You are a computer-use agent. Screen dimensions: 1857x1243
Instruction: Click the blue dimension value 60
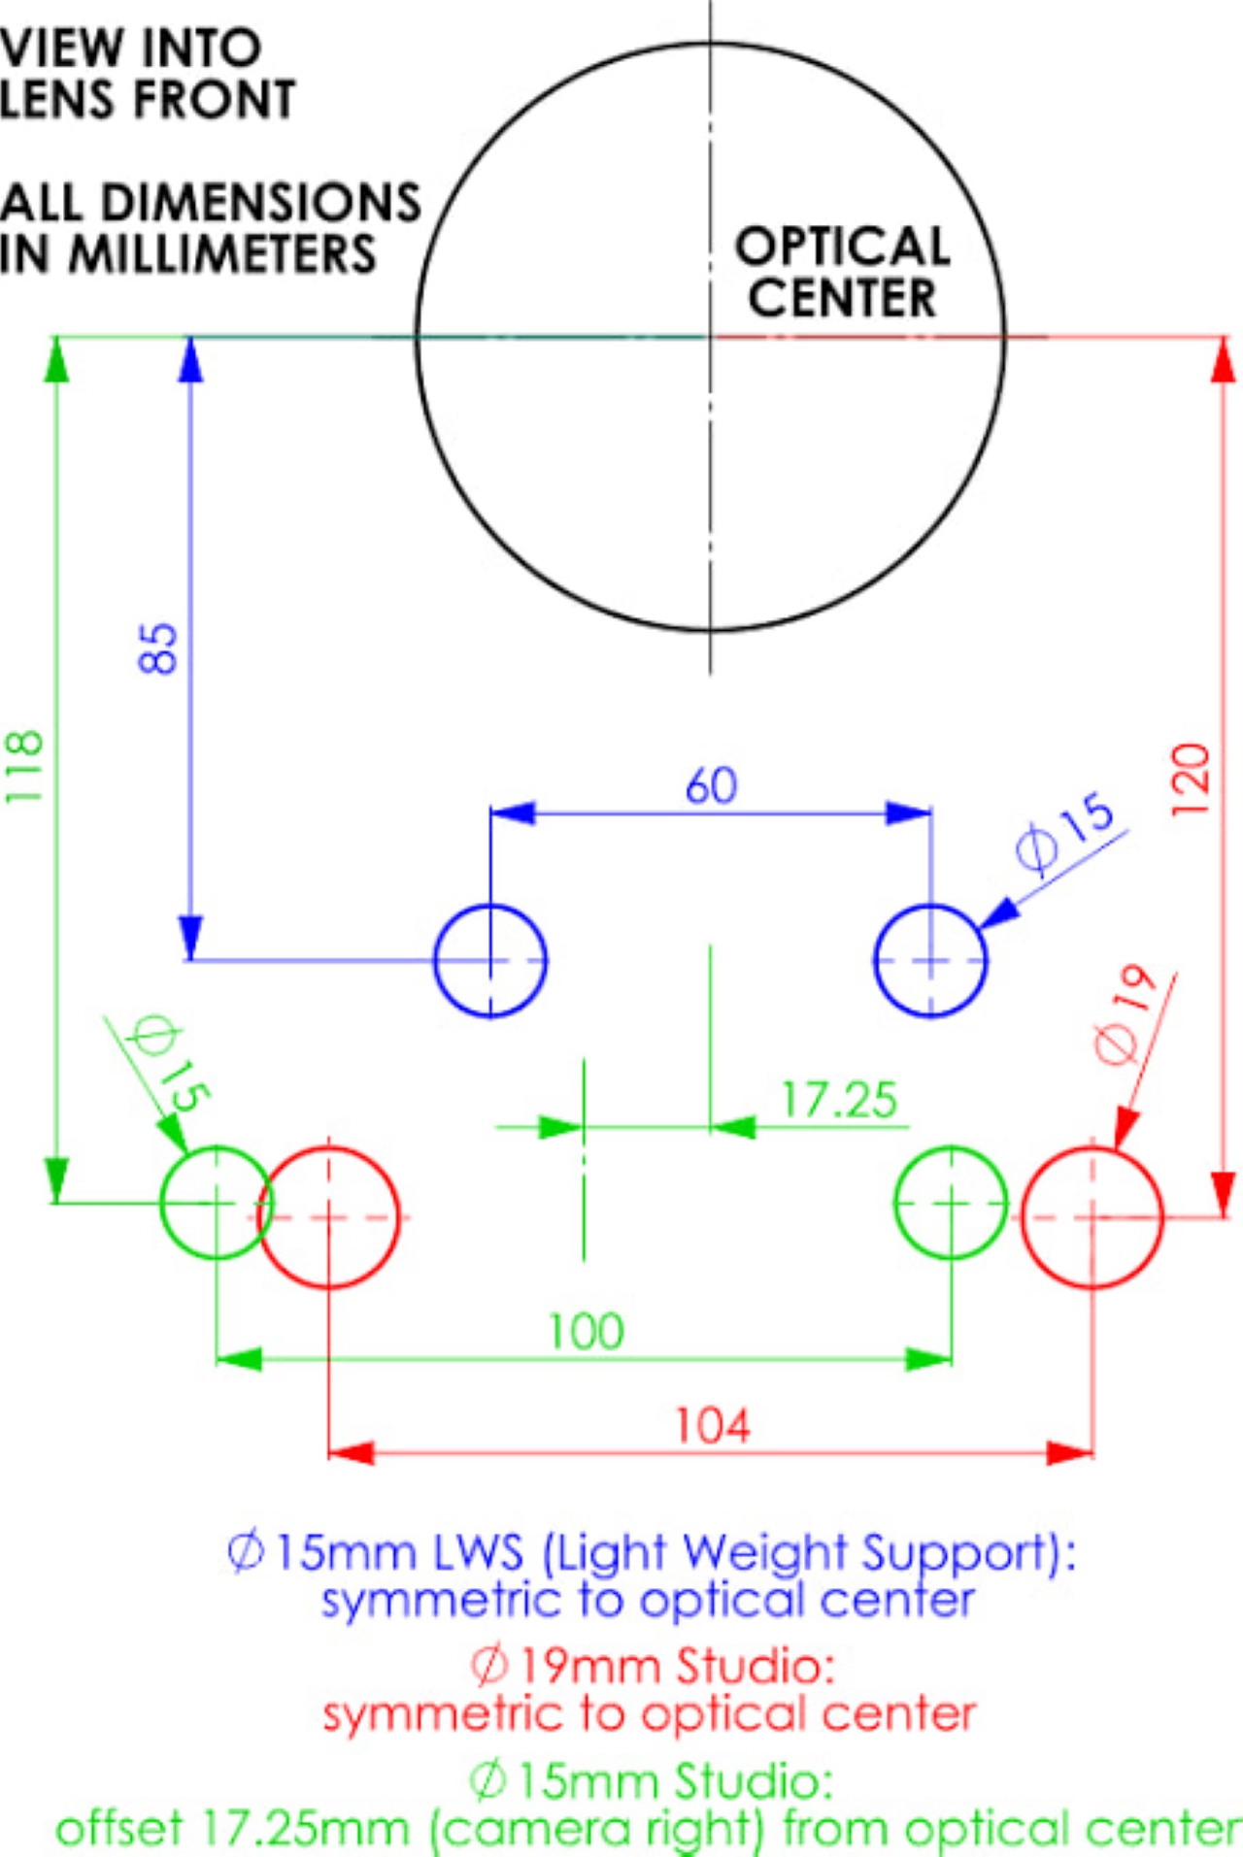coord(711,785)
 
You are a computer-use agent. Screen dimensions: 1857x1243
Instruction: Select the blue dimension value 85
coord(158,648)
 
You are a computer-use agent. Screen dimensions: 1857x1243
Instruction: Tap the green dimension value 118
coord(24,766)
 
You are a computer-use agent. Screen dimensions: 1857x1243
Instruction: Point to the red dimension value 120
coord(1191,780)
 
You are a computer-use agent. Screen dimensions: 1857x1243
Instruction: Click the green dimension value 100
coord(586,1331)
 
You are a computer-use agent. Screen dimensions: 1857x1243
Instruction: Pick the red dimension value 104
coord(713,1426)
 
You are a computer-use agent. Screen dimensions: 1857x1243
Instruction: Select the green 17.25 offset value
coord(839,1101)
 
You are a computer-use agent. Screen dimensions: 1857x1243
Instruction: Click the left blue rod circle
coord(490,961)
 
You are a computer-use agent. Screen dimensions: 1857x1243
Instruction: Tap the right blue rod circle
coord(930,961)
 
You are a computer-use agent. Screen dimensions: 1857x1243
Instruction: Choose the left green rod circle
coord(216,1203)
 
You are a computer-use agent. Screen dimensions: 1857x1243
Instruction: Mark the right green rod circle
coord(951,1203)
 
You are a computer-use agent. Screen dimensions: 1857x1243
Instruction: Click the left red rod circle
coord(329,1217)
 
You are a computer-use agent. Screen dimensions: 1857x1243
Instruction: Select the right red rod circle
coord(1092,1217)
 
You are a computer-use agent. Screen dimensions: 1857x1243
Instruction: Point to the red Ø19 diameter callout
coord(1127,1014)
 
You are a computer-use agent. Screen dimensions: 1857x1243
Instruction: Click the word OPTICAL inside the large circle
coord(842,247)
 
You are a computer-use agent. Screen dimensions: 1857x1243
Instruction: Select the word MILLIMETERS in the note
coord(222,254)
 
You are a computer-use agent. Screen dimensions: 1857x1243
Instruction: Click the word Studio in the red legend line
coord(756,1667)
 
